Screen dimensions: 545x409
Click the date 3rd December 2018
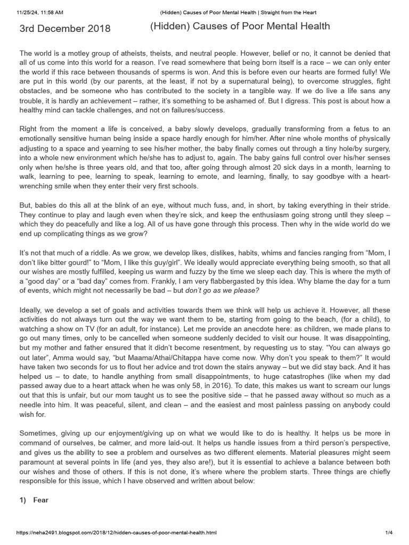click(65, 29)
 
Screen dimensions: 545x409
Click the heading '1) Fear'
click(34, 500)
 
